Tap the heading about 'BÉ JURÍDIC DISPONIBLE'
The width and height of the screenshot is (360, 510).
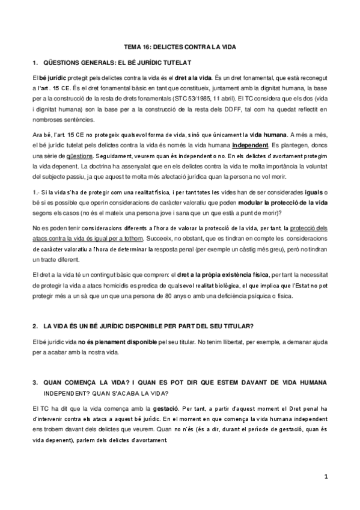(x=149, y=326)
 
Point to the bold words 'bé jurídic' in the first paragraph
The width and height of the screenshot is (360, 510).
(x=53, y=79)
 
